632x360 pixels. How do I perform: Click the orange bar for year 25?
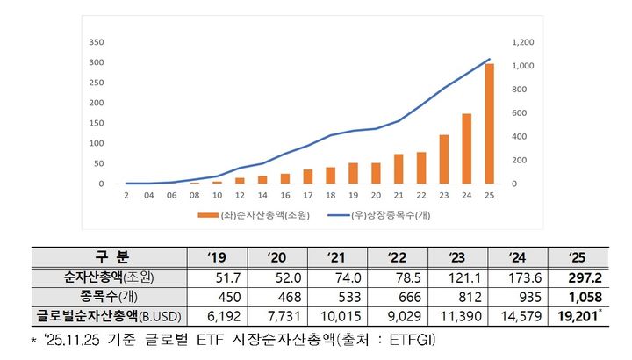pos(489,124)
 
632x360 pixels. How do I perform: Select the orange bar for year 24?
pos(466,148)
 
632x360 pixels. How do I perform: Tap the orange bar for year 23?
pos(443,159)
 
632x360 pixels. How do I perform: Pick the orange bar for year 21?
pos(398,169)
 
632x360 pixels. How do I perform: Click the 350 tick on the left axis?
pos(97,41)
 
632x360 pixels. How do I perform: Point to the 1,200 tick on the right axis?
pos(522,41)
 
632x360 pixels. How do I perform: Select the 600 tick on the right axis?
pos(519,112)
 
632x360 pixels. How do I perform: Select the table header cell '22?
pos(396,256)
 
